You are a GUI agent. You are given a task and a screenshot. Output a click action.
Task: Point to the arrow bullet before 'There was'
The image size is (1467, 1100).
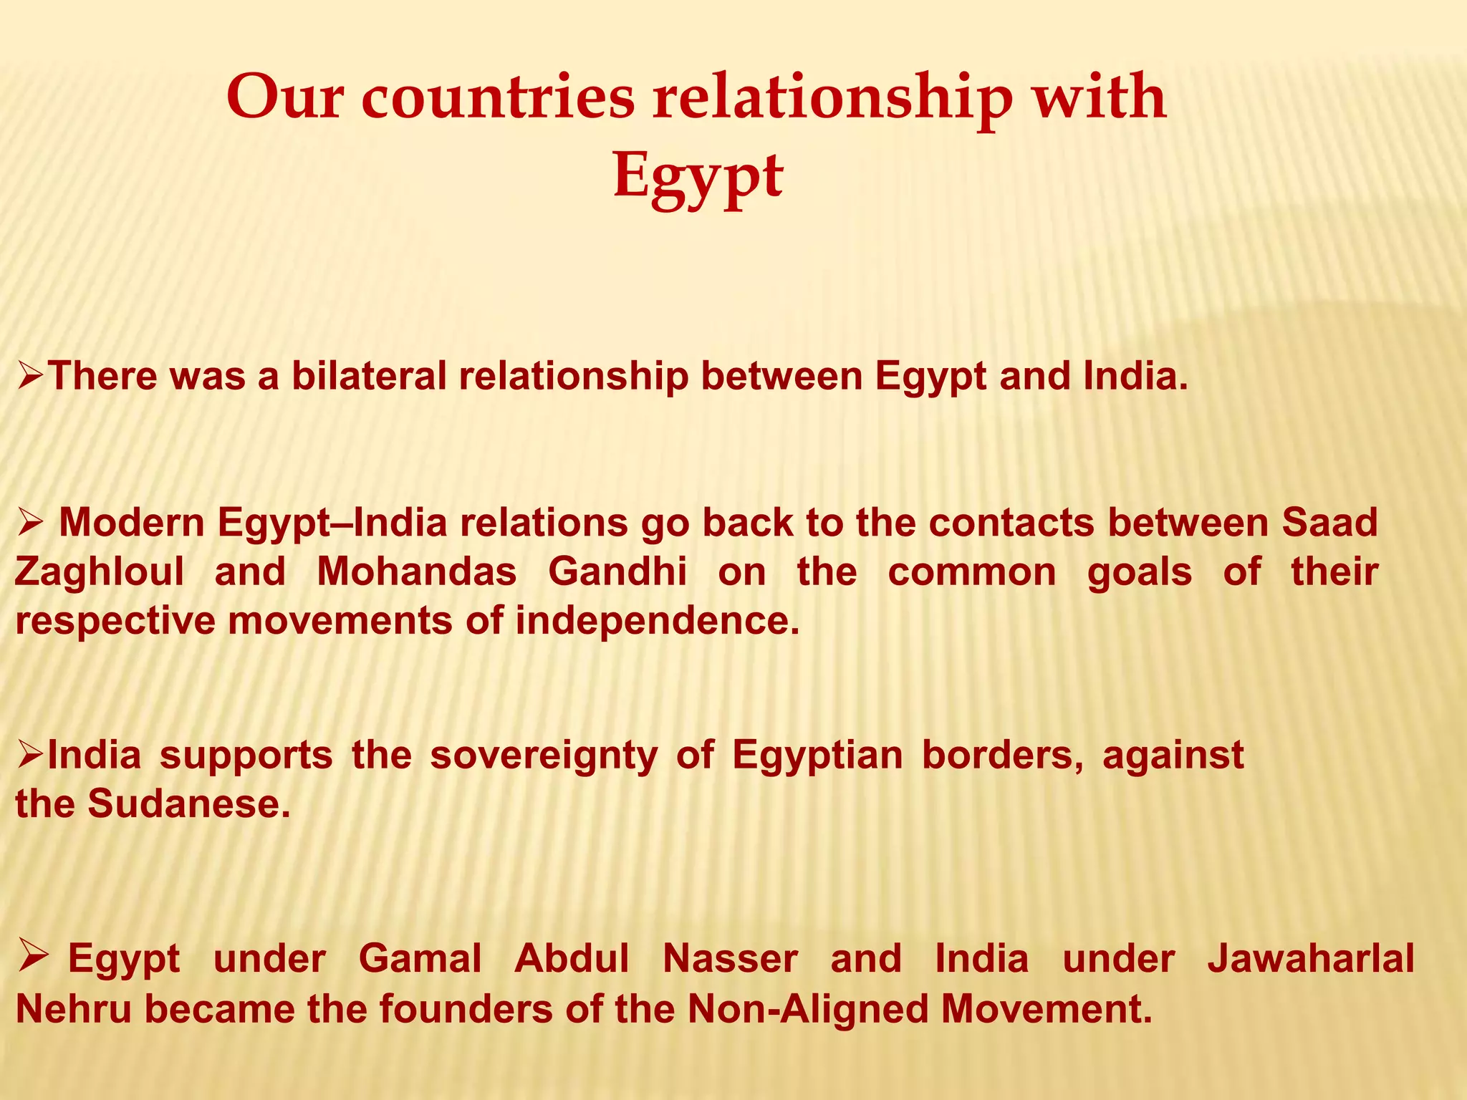point(32,376)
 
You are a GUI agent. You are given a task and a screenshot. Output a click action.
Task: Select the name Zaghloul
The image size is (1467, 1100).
point(99,571)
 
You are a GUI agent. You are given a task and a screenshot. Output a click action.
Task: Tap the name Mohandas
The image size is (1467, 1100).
point(417,571)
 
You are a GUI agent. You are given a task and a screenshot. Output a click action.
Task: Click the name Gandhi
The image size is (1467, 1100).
point(617,571)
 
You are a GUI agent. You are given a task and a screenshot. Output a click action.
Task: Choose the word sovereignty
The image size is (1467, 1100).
point(543,755)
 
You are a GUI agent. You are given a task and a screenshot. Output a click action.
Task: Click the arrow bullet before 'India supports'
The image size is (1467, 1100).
point(32,755)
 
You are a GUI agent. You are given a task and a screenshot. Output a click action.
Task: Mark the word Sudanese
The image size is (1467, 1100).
point(189,804)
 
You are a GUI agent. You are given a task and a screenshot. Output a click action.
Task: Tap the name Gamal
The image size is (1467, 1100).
point(420,958)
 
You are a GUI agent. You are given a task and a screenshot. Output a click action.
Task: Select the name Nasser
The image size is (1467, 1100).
point(730,958)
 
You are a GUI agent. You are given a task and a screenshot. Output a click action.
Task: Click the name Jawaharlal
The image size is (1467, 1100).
point(1311,958)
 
